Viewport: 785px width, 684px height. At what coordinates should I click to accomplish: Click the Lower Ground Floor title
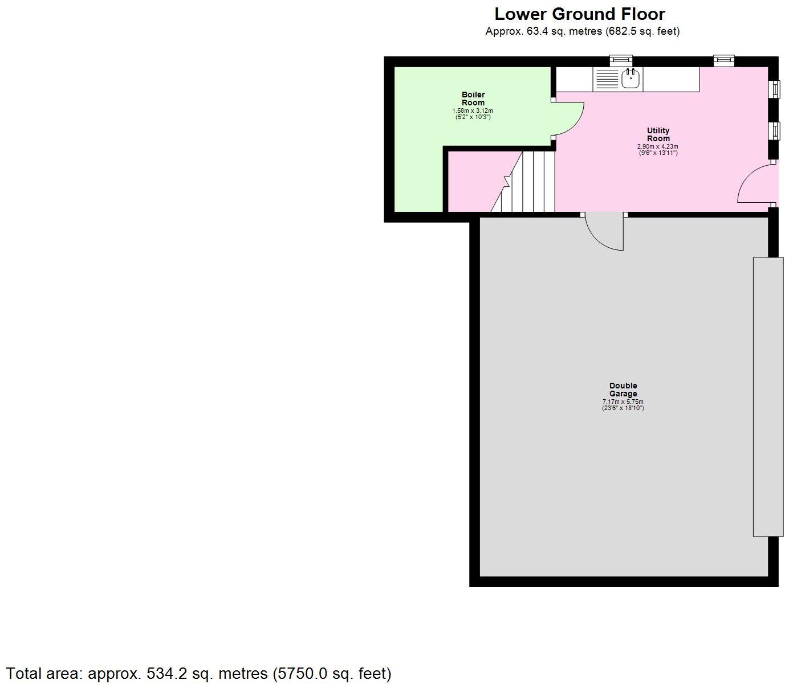tap(579, 14)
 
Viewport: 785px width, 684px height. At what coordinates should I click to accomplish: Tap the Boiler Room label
tap(473, 99)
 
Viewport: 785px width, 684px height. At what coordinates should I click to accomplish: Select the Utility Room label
tap(658, 134)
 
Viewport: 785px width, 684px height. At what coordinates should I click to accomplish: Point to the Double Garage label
tap(623, 390)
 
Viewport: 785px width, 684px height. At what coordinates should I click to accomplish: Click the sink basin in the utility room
tap(631, 79)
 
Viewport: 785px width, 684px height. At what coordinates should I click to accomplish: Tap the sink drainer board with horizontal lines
tap(607, 79)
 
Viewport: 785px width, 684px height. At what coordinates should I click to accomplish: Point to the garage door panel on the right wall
tap(767, 396)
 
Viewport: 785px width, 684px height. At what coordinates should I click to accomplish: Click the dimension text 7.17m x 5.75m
tap(623, 402)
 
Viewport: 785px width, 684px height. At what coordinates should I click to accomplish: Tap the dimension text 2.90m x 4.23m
tap(658, 146)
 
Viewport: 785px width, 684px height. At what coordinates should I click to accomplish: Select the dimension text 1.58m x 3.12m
tap(473, 110)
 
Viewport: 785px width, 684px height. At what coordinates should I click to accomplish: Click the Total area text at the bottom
tap(198, 674)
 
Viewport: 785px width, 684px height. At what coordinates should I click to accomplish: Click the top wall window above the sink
tap(621, 60)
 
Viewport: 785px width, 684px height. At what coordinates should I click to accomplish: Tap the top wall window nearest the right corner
tap(724, 60)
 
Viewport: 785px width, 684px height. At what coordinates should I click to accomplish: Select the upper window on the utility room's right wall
tap(775, 89)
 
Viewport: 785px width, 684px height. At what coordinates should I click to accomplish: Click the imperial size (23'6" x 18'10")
tap(623, 408)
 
